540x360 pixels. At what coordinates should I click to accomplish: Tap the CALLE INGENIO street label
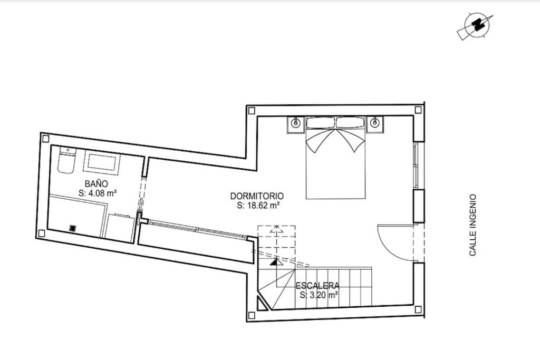[472, 225]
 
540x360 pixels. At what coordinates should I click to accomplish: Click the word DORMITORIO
[257, 196]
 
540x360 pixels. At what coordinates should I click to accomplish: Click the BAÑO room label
[97, 184]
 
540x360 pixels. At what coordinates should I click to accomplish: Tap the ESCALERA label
[317, 286]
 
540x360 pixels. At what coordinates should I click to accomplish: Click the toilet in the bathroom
[67, 160]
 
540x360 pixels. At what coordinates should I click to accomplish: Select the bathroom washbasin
[102, 162]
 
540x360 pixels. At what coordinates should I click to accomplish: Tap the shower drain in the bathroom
[73, 228]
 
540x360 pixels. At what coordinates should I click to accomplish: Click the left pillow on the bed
[321, 123]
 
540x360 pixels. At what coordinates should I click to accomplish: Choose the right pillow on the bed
[350, 123]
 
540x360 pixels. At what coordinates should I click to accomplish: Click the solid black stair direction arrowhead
[276, 262]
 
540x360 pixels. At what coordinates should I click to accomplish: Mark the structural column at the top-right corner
[418, 110]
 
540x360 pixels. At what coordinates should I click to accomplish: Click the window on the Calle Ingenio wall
[416, 166]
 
